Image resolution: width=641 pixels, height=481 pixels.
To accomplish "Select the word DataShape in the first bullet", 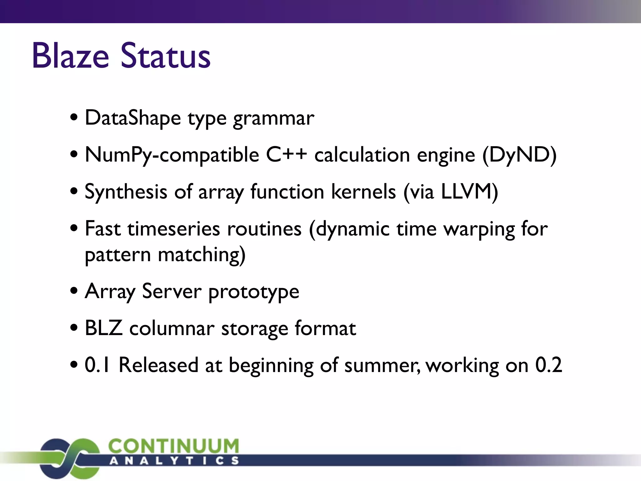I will pos(133,118).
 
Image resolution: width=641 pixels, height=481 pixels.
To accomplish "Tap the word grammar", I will pos(274,119).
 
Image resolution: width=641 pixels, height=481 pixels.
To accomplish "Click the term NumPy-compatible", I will pos(172,155).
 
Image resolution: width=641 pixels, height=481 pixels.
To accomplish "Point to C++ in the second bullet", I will pos(286,155).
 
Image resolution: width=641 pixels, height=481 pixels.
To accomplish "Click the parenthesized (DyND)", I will pos(519,155).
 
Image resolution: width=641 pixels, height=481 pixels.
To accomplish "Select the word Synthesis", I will pos(126,192).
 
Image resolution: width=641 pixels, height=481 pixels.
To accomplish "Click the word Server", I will pos(172,291).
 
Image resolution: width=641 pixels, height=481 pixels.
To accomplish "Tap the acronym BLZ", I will pos(104,328).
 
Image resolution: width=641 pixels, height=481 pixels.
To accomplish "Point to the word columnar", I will pos(172,328).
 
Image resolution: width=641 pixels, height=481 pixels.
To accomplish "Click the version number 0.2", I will pos(548,365).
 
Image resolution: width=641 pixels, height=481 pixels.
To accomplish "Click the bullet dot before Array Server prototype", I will pos(74,291).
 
